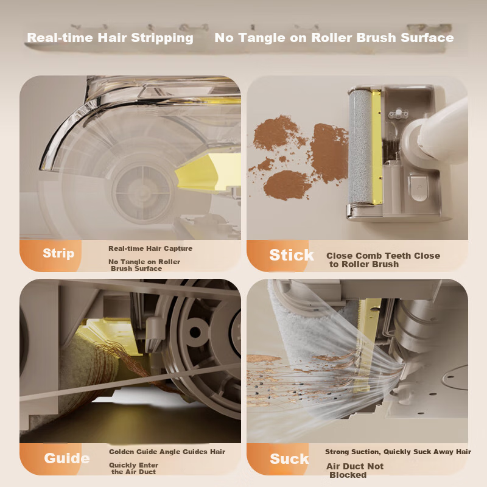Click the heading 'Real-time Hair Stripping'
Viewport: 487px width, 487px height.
pyautogui.click(x=110, y=38)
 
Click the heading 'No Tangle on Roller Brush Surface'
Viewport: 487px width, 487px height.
pyautogui.click(x=334, y=38)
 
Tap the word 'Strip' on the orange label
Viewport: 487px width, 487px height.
pyautogui.click(x=58, y=253)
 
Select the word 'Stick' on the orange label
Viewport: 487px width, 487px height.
pyautogui.click(x=292, y=255)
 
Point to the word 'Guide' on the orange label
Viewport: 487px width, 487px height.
pyautogui.click(x=67, y=458)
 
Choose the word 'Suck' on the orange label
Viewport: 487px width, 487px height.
pyautogui.click(x=289, y=459)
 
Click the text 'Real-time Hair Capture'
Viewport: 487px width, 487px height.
pyautogui.click(x=150, y=248)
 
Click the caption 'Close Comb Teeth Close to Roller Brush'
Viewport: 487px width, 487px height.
pyautogui.click(x=383, y=260)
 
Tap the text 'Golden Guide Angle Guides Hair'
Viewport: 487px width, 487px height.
pyautogui.click(x=167, y=452)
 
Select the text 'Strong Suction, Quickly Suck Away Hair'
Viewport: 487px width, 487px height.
pyautogui.click(x=398, y=452)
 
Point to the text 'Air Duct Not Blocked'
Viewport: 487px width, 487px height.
pyautogui.click(x=356, y=471)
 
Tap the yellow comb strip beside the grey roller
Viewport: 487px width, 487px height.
pyautogui.click(x=377, y=149)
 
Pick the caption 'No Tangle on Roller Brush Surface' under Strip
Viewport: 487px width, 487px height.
pyautogui.click(x=144, y=265)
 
